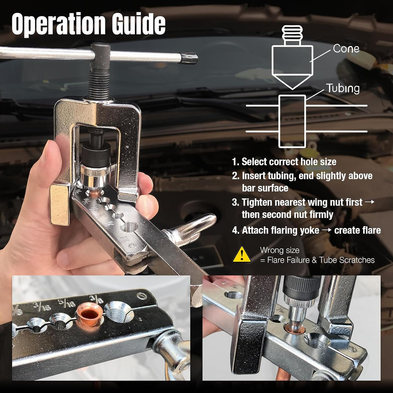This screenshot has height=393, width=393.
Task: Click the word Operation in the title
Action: pos(58,24)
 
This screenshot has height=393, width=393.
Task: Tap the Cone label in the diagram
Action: pos(346,49)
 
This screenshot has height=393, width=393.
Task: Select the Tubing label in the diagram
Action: pos(343,88)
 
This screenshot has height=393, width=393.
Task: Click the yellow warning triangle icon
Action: pos(242,255)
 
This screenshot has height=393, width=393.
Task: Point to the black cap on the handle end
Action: pos(189,58)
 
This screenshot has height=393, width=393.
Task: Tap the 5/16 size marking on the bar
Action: pos(67,303)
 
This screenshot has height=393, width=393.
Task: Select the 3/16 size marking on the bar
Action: pos(42,306)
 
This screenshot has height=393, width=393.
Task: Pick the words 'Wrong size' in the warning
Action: pos(280,250)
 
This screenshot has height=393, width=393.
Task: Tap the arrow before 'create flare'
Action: pos(327,230)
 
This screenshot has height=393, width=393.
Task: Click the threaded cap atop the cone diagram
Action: pos(292,35)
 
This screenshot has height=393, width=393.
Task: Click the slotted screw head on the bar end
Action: pos(142,296)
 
